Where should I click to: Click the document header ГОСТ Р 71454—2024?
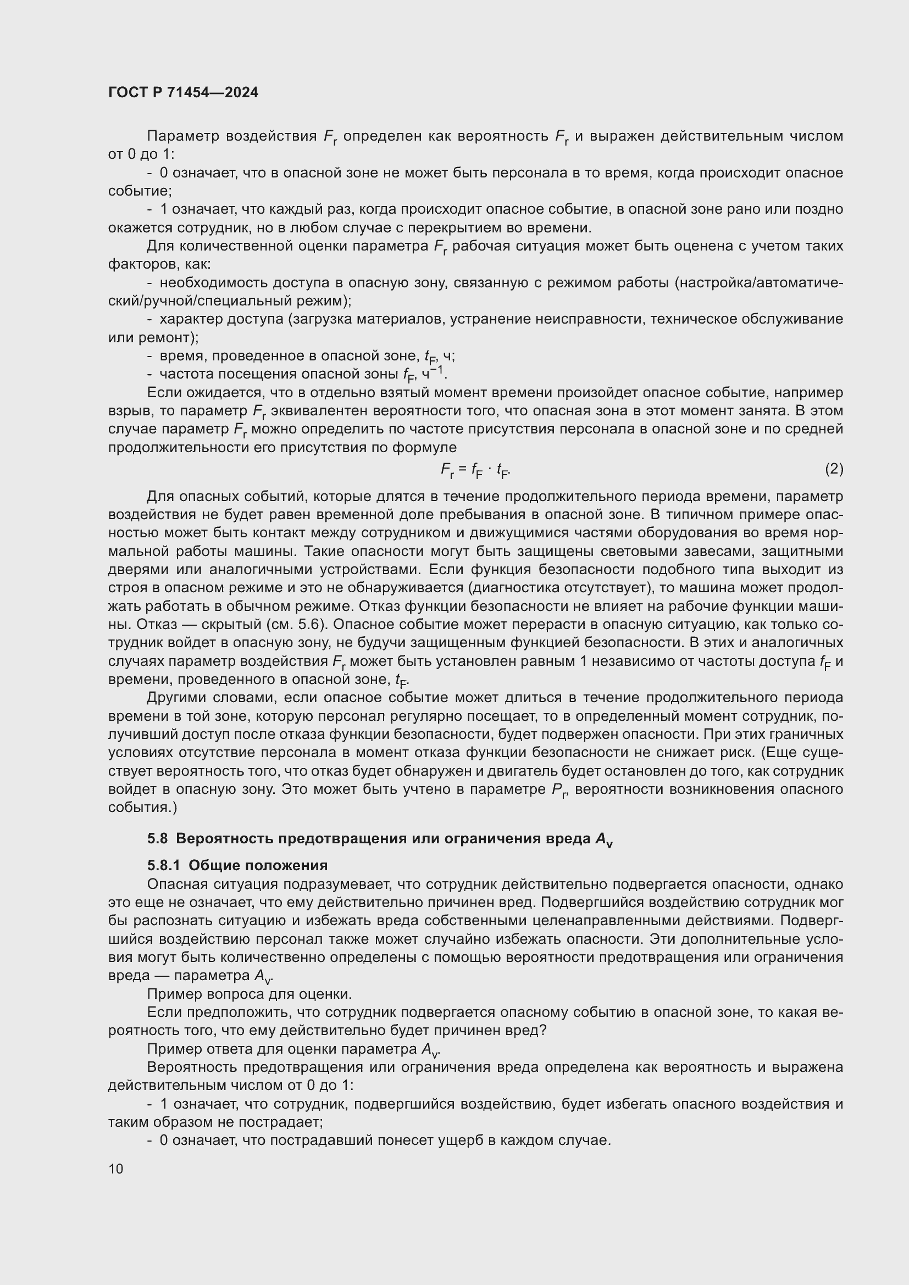tap(183, 92)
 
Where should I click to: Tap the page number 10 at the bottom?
tap(116, 1169)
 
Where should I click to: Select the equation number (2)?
tap(834, 469)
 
